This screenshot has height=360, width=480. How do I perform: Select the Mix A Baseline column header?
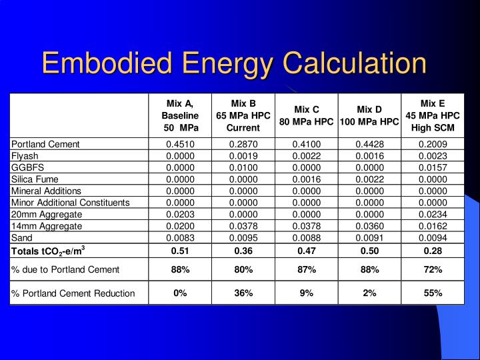pos(180,116)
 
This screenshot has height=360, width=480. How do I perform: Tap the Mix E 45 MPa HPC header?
pos(433,115)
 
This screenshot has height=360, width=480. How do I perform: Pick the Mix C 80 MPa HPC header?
pos(306,116)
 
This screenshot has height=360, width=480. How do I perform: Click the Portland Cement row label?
pos(45,144)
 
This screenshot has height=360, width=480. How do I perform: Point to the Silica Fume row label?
pos(35,179)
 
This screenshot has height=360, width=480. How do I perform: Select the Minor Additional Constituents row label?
pos(71,203)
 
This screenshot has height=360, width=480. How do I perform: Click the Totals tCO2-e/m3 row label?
pos(48,251)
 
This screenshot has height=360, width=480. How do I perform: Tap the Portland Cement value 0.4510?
pos(180,144)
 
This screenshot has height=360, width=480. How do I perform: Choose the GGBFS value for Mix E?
pos(433,167)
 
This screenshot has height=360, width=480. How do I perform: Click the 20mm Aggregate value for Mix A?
pos(180,214)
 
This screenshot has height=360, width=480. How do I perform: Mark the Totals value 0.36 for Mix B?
pos(243,251)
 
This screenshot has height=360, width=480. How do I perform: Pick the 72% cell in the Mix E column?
pos(433,270)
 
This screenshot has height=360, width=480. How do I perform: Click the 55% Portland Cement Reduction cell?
pos(433,293)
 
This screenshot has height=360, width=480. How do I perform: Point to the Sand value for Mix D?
pos(370,238)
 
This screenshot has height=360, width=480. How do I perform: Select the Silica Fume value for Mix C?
pos(307,179)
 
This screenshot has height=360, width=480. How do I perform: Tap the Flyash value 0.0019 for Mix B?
pos(243,156)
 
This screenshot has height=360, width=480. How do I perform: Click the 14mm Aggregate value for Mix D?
pos(370,226)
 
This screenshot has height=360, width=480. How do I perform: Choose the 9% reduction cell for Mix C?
pos(307,293)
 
